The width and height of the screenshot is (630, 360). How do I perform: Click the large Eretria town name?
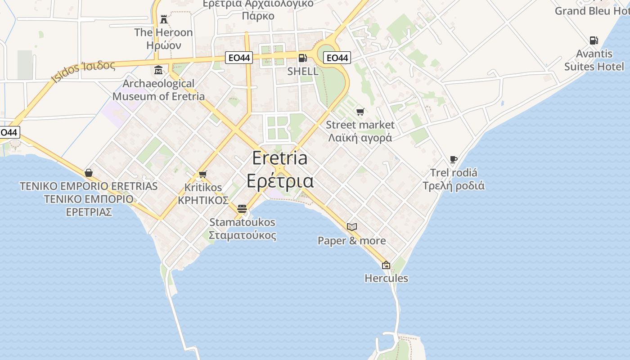(280, 169)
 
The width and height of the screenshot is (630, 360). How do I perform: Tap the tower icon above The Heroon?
(164, 19)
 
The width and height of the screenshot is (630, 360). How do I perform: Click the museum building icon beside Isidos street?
(158, 70)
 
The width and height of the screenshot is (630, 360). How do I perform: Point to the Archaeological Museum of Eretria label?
(158, 90)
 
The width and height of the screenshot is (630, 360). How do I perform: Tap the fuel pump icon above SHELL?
(303, 58)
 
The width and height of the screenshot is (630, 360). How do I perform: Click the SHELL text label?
(303, 71)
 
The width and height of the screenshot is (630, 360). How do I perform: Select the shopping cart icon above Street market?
(360, 112)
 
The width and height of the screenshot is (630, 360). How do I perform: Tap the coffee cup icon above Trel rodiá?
(454, 160)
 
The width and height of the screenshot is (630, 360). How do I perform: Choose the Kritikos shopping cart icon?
(202, 174)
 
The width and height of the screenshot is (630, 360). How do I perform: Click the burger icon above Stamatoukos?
(242, 209)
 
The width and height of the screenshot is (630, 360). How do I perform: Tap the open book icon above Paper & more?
(352, 227)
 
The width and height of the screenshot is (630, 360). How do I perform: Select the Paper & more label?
(352, 241)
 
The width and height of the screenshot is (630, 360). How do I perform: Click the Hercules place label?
(386, 278)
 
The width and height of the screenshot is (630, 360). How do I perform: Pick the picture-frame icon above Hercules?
(386, 265)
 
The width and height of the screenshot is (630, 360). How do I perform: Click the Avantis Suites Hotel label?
(594, 60)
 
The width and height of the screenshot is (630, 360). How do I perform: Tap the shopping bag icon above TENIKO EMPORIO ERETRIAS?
(89, 173)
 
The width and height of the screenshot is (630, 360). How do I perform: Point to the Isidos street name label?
(83, 71)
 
